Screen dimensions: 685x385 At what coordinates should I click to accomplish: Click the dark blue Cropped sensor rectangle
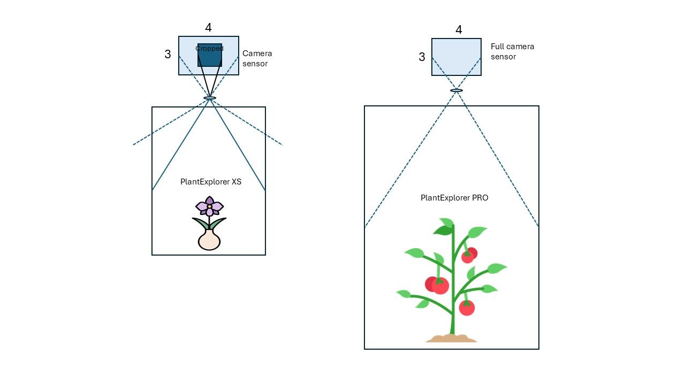[x=209, y=55]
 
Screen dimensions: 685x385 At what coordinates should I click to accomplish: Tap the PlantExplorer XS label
[x=211, y=182]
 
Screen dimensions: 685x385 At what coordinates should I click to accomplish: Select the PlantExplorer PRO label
[x=454, y=198]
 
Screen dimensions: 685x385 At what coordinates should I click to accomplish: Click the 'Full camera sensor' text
[x=512, y=52]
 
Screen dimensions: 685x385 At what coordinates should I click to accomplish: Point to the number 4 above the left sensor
[x=208, y=28]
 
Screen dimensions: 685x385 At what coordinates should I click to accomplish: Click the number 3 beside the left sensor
[x=168, y=55]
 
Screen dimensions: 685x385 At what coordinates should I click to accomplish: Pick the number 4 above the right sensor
[x=459, y=29]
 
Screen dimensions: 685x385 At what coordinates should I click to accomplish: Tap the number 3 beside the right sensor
[x=422, y=57]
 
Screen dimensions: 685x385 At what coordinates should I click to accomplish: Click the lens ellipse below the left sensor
[x=210, y=98]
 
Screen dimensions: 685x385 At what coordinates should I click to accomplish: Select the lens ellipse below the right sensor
[x=456, y=90]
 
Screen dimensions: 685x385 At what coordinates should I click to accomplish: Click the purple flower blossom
[x=209, y=206]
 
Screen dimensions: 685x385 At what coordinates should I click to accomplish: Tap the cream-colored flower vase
[x=209, y=240]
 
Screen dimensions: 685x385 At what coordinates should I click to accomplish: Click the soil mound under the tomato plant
[x=451, y=338]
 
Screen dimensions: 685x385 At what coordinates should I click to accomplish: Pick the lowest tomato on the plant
[x=467, y=307]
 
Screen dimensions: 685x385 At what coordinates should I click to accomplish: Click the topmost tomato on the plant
[x=469, y=255]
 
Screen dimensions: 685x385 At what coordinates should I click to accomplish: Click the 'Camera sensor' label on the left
[x=257, y=58]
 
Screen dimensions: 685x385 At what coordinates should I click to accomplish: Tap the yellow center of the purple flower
[x=209, y=206]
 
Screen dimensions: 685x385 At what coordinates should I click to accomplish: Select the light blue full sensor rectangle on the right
[x=456, y=57]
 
